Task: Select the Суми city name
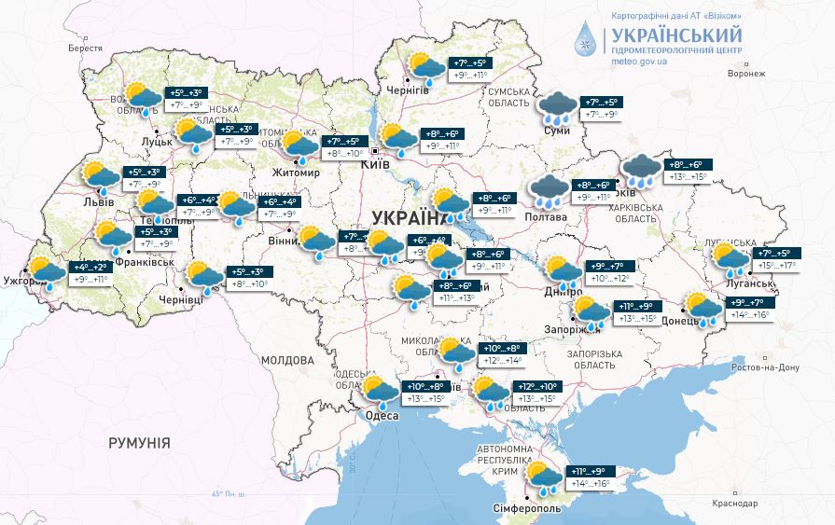(556, 131)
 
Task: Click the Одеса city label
(383, 415)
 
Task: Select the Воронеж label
(745, 74)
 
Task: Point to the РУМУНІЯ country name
(139, 443)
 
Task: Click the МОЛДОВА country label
(287, 360)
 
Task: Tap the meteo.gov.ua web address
(639, 62)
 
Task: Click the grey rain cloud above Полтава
(550, 190)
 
